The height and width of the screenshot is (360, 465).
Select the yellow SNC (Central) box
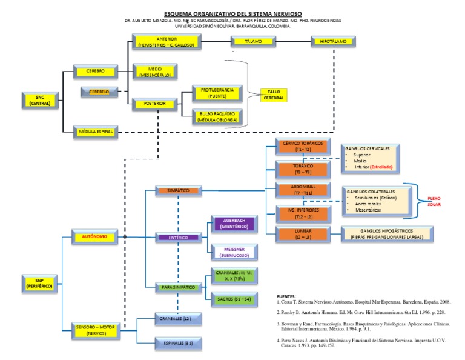(x=39, y=100)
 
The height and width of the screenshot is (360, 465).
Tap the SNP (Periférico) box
(x=39, y=282)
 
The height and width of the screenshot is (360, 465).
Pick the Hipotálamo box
(x=333, y=42)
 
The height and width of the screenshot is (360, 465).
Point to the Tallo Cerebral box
(x=272, y=95)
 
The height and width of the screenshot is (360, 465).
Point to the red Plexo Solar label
(x=434, y=201)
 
